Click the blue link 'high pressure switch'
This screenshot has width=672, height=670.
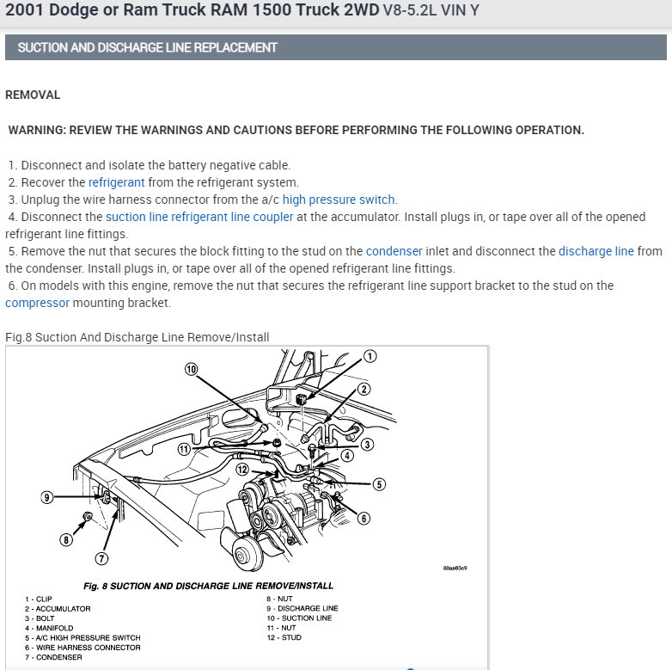pos(339,200)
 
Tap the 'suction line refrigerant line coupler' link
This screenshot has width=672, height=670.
pos(199,217)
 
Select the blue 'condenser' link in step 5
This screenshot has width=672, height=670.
pos(394,251)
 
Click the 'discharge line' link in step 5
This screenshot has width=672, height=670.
pos(596,251)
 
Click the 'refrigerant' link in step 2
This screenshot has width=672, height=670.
pos(117,182)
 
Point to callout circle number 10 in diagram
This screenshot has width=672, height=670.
pos(192,369)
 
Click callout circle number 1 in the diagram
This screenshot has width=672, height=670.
pos(370,356)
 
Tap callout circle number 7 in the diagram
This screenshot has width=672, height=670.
pos(101,558)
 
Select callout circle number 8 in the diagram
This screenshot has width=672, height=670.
pos(65,540)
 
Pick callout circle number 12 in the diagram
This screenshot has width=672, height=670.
pos(242,469)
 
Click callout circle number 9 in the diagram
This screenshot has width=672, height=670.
pos(47,497)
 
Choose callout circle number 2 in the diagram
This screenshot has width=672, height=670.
pos(363,389)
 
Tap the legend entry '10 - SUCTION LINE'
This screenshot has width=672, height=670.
pos(298,618)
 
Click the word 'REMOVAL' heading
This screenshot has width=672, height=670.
pos(33,95)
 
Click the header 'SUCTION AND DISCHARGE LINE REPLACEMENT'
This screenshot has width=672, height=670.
pos(147,47)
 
